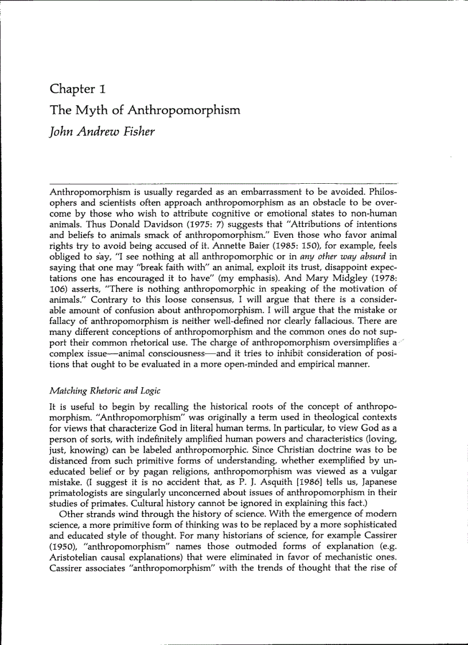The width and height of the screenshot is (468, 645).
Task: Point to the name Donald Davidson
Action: click(131, 225)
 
